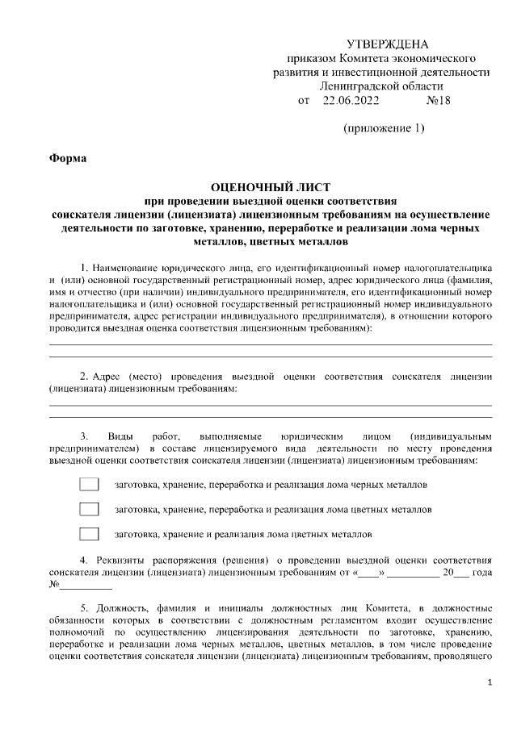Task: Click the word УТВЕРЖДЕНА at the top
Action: (387, 44)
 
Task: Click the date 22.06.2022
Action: (351, 101)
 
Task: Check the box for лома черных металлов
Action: (89, 486)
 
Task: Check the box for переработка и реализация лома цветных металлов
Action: (89, 510)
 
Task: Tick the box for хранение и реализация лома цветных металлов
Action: (89, 534)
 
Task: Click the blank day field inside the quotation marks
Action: (368, 573)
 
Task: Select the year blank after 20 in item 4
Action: (460, 573)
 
